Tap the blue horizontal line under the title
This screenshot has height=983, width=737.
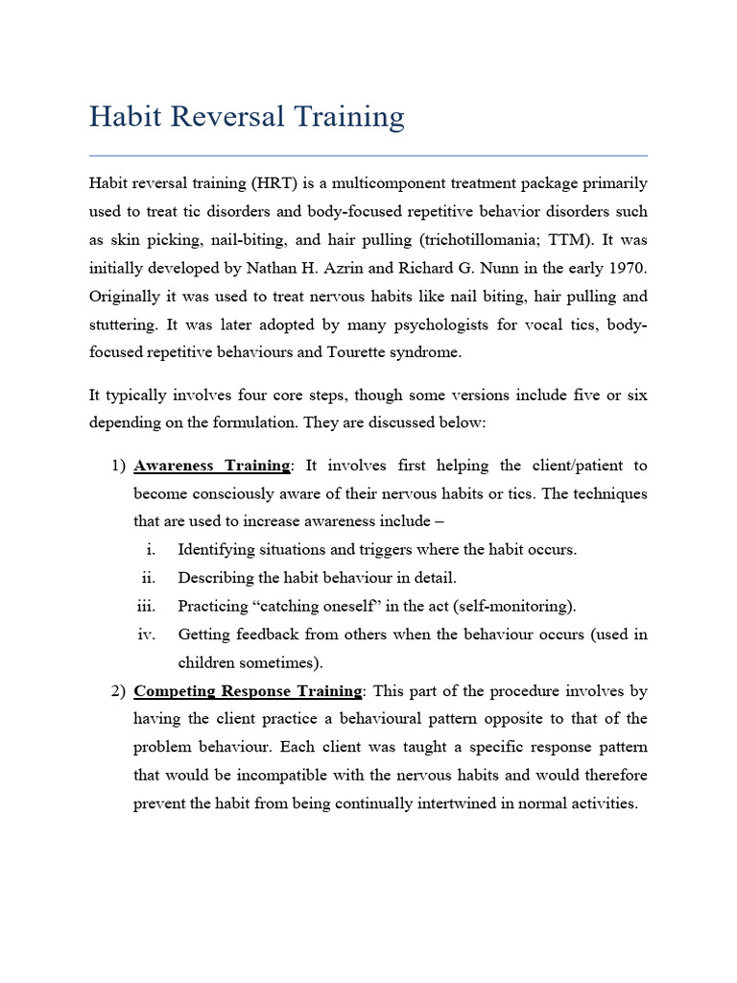click(x=368, y=156)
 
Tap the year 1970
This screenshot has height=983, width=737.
click(x=628, y=267)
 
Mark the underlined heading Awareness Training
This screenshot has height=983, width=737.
click(x=211, y=466)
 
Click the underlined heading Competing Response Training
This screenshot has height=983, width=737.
click(x=248, y=691)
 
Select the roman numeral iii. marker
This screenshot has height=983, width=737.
click(x=146, y=606)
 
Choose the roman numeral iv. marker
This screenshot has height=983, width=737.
click(x=146, y=635)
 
